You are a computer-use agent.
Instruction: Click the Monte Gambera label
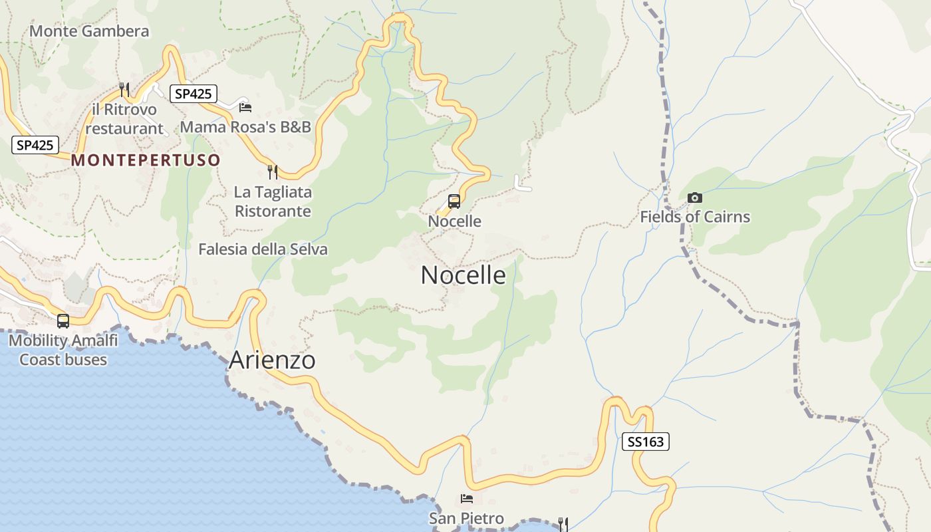click(x=89, y=31)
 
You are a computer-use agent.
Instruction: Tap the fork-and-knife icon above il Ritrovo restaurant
click(x=124, y=89)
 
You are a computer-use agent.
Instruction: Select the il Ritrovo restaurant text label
click(x=124, y=119)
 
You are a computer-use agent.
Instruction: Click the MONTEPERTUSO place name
click(x=146, y=160)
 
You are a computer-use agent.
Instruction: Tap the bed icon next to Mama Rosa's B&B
click(x=245, y=107)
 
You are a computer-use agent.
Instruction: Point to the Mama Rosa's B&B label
click(x=246, y=127)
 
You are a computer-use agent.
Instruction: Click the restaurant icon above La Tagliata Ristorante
click(x=272, y=172)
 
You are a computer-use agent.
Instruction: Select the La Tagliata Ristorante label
click(x=273, y=201)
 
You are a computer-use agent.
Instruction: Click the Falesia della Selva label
click(x=263, y=249)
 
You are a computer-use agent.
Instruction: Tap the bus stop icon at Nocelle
click(x=454, y=201)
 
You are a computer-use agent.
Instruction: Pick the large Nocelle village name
click(x=464, y=275)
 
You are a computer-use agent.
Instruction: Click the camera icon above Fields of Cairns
click(x=694, y=198)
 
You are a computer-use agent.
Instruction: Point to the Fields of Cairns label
click(x=695, y=217)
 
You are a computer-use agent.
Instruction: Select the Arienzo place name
click(x=272, y=360)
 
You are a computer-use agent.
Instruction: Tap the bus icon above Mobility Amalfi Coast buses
click(x=63, y=321)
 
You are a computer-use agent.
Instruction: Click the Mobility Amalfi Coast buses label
click(x=63, y=350)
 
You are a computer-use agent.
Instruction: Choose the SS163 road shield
click(x=645, y=442)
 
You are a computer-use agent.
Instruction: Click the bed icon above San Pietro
click(x=467, y=499)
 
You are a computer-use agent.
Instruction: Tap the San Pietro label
click(x=466, y=519)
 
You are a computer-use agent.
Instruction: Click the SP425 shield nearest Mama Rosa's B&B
click(x=193, y=94)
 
